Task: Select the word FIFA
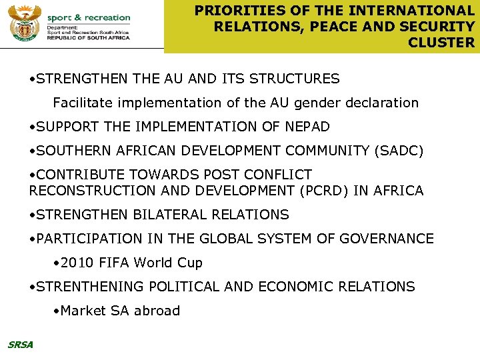(x=115, y=263)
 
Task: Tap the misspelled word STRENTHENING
(x=91, y=287)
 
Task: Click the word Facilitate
(x=84, y=103)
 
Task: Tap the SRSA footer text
(x=20, y=345)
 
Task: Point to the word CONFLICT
(x=278, y=175)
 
